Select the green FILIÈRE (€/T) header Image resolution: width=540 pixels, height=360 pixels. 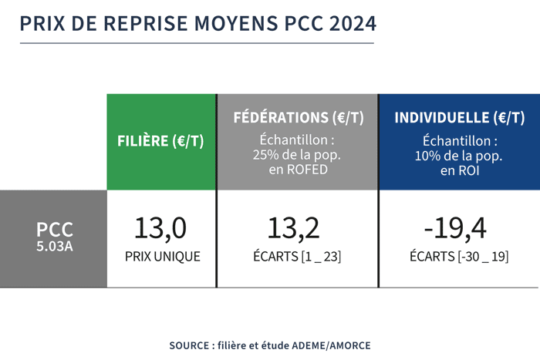(x=161, y=142)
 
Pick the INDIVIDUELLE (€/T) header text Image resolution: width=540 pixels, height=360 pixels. (x=459, y=118)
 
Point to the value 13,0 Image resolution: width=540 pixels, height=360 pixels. (x=160, y=228)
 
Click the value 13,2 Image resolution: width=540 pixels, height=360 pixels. (x=294, y=228)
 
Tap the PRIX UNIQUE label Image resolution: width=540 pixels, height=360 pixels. (x=162, y=257)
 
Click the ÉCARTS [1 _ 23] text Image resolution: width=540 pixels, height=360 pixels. (x=296, y=257)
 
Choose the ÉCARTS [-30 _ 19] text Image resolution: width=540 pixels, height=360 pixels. (x=458, y=257)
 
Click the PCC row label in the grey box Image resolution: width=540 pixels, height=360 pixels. (x=55, y=229)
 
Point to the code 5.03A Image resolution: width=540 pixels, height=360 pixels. (x=55, y=247)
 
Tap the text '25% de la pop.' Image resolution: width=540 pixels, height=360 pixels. (x=298, y=156)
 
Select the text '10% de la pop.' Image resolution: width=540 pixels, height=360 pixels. (x=459, y=156)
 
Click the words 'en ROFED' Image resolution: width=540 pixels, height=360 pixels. (x=298, y=171)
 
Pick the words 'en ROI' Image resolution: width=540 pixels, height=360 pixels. (x=459, y=171)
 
